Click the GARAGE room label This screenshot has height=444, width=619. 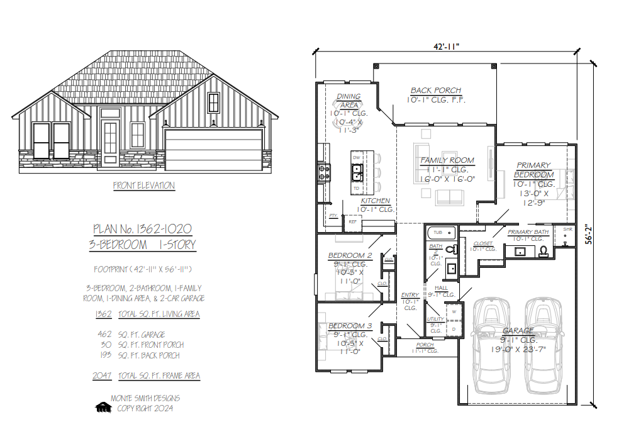pos(518,330)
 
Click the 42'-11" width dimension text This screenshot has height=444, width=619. pos(446,46)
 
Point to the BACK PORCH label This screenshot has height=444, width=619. pos(436,91)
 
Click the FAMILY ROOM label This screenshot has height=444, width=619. pos(447,160)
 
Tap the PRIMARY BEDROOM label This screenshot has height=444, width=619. pos(533,170)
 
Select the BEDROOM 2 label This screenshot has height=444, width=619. pos(350,255)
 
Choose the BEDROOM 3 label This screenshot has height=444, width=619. pos(350,326)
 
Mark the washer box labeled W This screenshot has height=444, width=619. pos(454,311)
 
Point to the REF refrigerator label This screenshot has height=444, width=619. pos(352,221)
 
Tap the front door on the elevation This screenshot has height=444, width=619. pos(110,144)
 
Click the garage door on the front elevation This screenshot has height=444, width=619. pos(213,149)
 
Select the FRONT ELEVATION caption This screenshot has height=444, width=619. pos(144,186)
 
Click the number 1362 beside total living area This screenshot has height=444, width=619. pos(103,314)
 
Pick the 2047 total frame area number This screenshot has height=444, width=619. pos(103,375)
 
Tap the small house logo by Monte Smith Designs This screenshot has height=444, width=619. pos(103,408)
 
